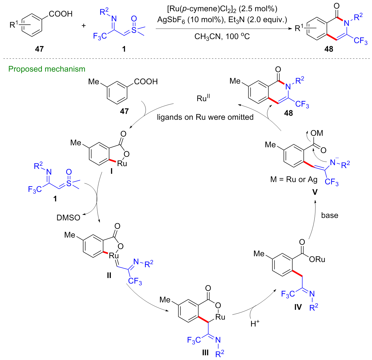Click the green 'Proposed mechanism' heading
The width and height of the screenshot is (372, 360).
[x=47, y=69]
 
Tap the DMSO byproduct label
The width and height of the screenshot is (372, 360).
[x=68, y=218]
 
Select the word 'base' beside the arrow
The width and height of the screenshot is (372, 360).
[x=330, y=215]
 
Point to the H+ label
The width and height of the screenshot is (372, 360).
[x=255, y=324]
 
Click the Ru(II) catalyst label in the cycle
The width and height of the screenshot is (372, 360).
[x=203, y=98]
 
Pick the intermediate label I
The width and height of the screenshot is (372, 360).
[x=112, y=171]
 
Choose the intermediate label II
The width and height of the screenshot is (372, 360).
[x=109, y=275]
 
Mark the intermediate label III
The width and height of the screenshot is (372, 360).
[x=205, y=353]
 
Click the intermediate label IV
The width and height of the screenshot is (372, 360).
[x=298, y=307]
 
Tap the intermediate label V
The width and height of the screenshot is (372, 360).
[x=315, y=192]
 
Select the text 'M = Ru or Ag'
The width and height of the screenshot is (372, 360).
[x=294, y=179]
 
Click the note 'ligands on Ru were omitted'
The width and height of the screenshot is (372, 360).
[x=205, y=117]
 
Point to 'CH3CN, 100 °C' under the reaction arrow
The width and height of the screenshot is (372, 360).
[x=222, y=37]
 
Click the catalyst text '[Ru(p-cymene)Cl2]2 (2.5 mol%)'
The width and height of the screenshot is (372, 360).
[x=222, y=9]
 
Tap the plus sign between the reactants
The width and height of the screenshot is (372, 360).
[x=84, y=26]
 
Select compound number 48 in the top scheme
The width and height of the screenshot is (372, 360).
[x=329, y=49]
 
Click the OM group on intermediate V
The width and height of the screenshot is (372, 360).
[x=317, y=133]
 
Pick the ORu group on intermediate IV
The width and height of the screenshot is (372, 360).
[x=317, y=259]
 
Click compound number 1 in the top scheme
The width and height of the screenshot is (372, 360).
[x=124, y=49]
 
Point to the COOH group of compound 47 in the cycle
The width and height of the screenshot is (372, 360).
[x=146, y=82]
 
